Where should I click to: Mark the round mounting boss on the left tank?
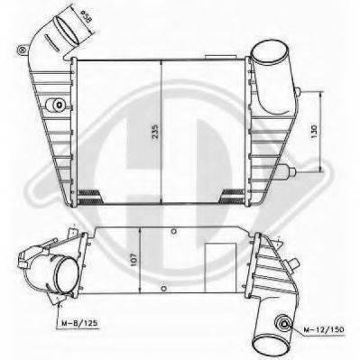click(x=59, y=106)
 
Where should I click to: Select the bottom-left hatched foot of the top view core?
click(x=90, y=194)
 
